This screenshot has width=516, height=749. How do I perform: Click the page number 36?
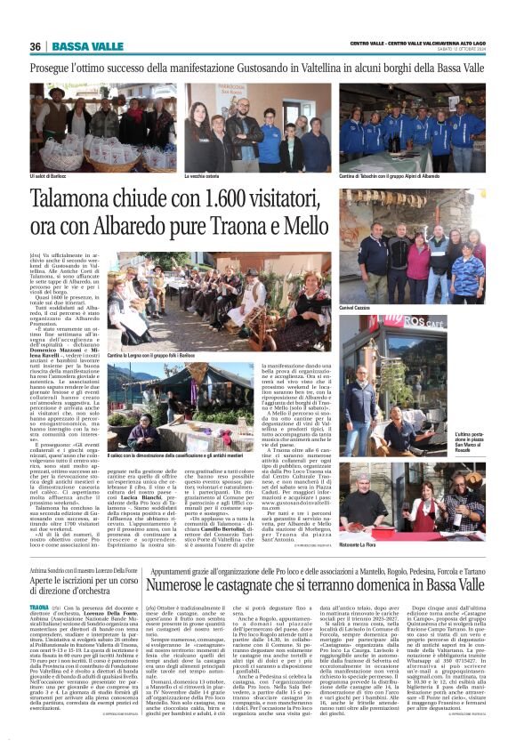click(x=36, y=46)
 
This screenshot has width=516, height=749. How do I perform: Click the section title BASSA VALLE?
click(x=87, y=46)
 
